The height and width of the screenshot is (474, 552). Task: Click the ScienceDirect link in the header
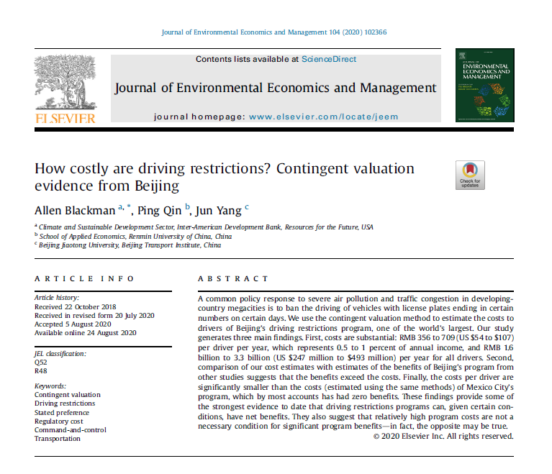(x=328, y=59)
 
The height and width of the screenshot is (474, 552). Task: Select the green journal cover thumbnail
(x=484, y=85)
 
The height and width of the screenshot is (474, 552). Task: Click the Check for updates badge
(x=470, y=175)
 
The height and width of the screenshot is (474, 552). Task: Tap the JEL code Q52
(x=41, y=363)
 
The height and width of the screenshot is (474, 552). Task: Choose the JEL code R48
(x=41, y=371)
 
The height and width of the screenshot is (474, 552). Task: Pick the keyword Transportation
(x=58, y=438)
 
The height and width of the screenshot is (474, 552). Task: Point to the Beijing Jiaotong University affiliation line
(x=130, y=245)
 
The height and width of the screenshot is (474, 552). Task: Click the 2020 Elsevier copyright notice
(x=443, y=436)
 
